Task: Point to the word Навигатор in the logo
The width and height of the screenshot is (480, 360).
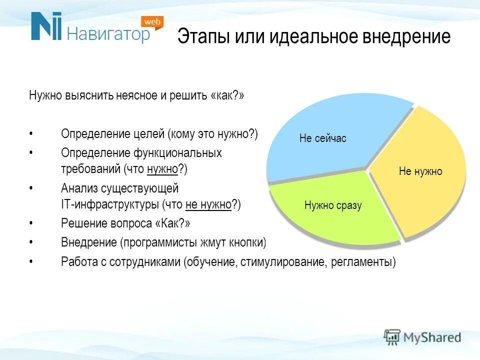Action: pos(108,34)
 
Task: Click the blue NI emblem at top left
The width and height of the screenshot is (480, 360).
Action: pos(46,26)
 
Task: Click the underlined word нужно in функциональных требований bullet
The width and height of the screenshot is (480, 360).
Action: pos(162,169)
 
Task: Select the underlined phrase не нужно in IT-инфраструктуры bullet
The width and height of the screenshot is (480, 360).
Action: pos(208,204)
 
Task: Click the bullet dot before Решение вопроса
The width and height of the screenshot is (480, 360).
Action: pos(31,223)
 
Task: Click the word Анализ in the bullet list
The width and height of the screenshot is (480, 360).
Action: pos(77,188)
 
